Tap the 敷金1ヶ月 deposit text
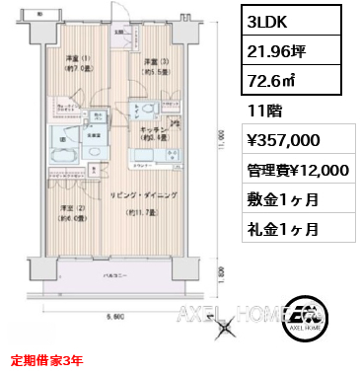286,199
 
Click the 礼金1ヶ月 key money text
286,229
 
